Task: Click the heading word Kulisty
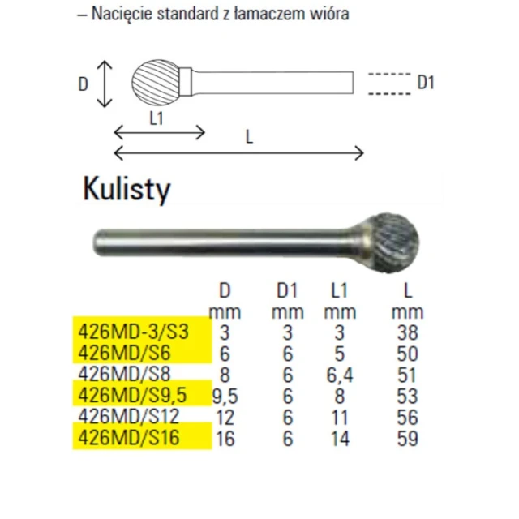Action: tap(127, 189)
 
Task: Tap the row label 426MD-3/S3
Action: tap(133, 332)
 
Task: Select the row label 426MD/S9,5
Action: tap(132, 395)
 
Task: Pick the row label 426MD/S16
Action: tap(129, 438)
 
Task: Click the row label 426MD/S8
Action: tap(124, 375)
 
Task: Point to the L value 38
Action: tap(407, 332)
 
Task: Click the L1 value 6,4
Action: tap(340, 375)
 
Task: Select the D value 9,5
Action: tap(225, 397)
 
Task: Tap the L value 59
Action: tap(407, 438)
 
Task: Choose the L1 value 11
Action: tap(340, 417)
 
